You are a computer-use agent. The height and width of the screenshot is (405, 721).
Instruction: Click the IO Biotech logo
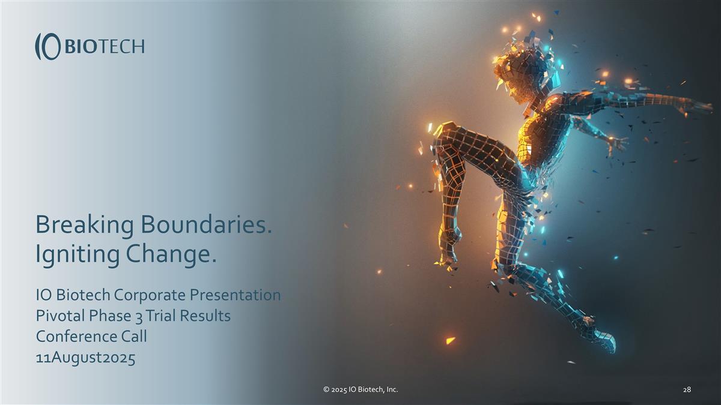pos(90,46)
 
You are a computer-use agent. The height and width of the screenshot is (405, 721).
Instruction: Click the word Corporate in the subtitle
pos(150,295)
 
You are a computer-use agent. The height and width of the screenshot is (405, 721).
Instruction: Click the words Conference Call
pos(91,336)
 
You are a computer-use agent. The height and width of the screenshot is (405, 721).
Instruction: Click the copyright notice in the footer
pos(360,390)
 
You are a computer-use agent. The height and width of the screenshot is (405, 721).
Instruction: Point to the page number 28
pos(687,390)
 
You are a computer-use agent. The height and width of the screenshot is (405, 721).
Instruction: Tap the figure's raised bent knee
pos(445,135)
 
